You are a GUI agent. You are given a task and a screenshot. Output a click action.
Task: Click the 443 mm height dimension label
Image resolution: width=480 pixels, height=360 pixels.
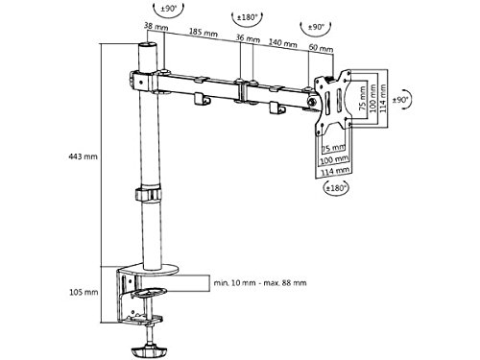point(83,156)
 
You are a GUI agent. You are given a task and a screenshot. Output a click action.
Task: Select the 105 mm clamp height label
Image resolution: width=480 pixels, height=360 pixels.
point(84,292)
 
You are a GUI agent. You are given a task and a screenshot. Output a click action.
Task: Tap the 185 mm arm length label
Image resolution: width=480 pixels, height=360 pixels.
point(204,33)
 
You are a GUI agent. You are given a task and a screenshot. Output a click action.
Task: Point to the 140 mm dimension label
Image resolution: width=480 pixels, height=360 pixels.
point(283,42)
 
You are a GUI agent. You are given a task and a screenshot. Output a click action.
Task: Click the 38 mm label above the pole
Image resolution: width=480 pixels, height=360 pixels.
point(156,26)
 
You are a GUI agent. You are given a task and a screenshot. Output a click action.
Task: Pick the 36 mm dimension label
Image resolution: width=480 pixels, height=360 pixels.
point(248,38)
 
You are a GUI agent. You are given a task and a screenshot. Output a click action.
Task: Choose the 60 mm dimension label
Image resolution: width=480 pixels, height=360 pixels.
point(321,48)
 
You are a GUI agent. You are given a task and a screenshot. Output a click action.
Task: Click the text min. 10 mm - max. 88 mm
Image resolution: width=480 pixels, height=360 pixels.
point(260,283)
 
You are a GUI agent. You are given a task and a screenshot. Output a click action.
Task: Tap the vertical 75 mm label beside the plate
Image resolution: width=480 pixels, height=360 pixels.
point(363,98)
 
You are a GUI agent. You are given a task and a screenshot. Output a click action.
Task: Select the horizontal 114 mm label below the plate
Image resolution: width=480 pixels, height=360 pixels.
point(335,171)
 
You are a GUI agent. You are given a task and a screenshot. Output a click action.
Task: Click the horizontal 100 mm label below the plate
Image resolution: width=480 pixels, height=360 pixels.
point(335,159)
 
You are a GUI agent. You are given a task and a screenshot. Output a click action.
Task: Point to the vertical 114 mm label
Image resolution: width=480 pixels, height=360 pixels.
point(383,98)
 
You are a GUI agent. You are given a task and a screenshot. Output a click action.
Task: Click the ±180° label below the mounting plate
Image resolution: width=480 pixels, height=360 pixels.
point(336,188)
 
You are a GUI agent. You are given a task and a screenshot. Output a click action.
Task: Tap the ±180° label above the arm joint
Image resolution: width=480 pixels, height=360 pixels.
point(247,16)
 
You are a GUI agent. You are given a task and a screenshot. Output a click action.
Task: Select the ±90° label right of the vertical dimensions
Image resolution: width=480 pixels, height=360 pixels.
point(400,100)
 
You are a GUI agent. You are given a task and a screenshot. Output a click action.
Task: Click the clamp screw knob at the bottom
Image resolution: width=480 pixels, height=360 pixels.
point(149,350)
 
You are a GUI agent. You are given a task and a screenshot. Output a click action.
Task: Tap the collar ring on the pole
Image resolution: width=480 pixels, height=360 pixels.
point(148,194)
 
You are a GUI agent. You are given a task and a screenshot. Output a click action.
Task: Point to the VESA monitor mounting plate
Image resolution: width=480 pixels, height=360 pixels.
point(333,102)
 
